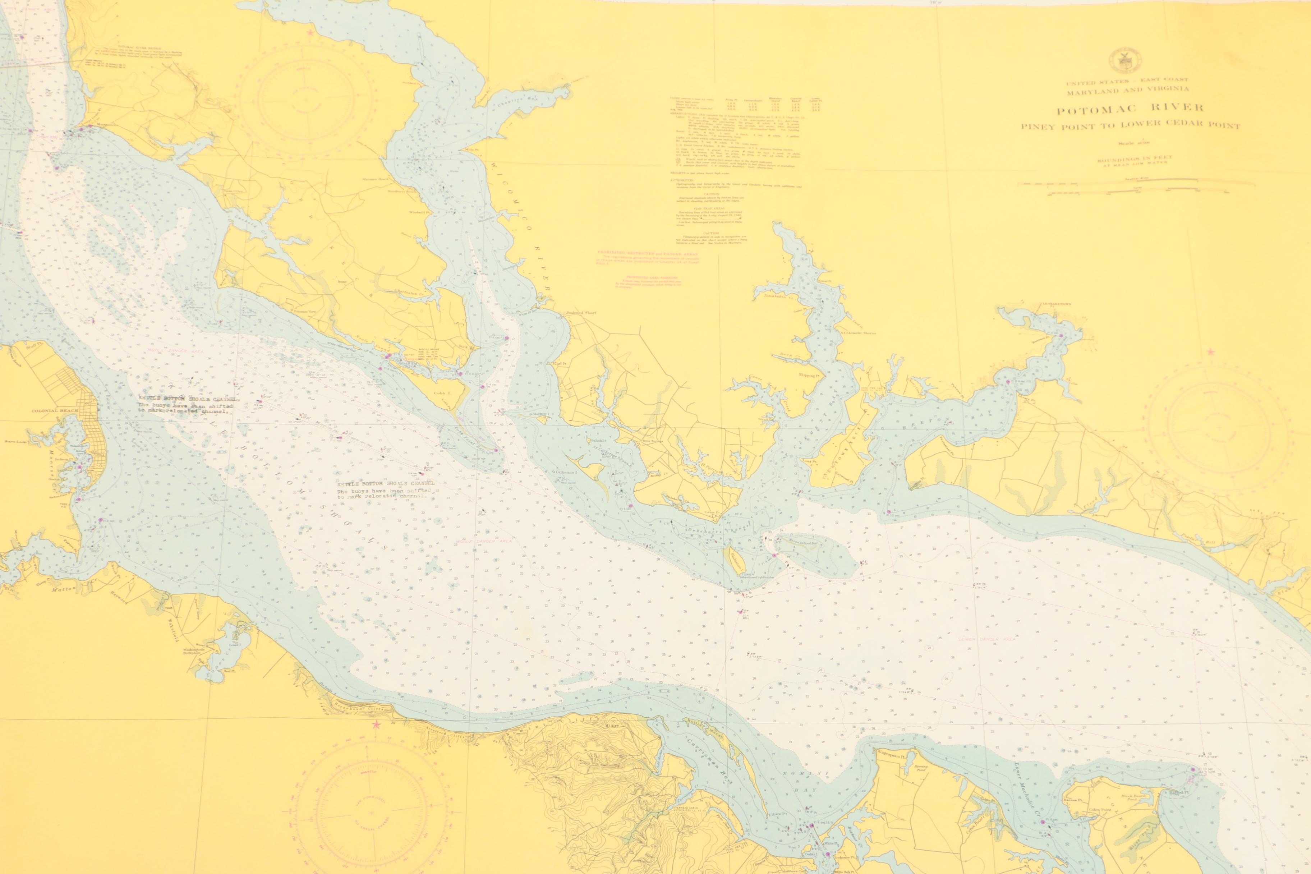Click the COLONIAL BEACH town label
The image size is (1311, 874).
[x=55, y=411]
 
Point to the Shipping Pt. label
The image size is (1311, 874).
[x=809, y=376]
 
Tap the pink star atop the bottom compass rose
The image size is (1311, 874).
[x=376, y=724]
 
